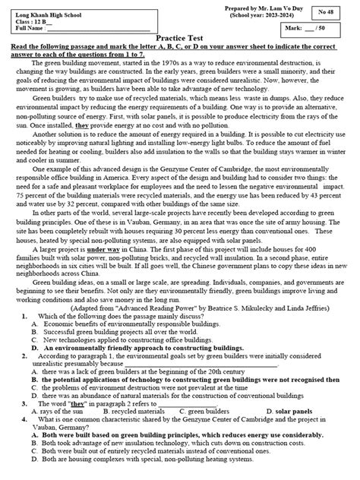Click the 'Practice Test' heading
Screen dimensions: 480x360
180,46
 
